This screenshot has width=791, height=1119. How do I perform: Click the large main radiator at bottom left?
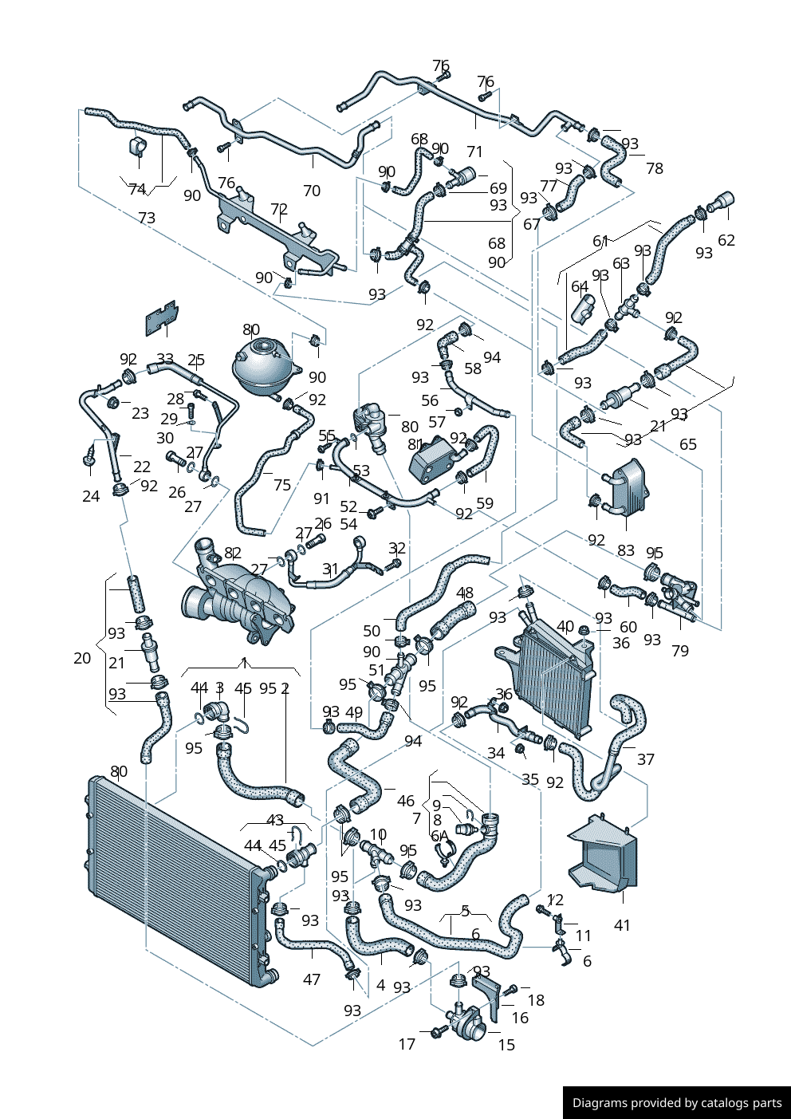(175, 877)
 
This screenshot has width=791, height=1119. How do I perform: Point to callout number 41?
(622, 925)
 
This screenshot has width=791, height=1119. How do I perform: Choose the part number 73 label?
(147, 218)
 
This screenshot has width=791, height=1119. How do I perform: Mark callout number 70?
(312, 191)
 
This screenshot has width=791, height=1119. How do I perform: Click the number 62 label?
(726, 240)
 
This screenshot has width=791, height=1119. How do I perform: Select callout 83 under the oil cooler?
(626, 550)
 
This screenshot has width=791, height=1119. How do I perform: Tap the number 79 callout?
(679, 651)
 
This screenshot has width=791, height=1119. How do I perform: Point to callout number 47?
(312, 979)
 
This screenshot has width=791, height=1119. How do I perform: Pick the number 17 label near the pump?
(407, 1044)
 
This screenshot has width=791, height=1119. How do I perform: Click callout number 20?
(82, 658)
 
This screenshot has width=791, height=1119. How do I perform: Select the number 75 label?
(281, 484)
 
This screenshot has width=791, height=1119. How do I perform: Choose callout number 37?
(645, 759)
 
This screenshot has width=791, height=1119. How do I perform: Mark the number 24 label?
(91, 496)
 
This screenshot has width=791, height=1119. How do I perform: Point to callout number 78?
(654, 168)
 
